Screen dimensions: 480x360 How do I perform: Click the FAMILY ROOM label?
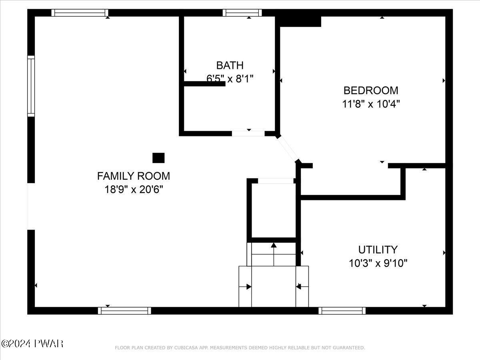[133, 176]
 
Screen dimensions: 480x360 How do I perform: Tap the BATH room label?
[230, 65]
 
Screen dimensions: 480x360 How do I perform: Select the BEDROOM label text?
[371, 90]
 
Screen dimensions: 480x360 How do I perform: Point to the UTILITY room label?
[378, 250]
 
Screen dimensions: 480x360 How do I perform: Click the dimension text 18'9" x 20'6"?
[134, 189]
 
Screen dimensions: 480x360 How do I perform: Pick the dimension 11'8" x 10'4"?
[371, 104]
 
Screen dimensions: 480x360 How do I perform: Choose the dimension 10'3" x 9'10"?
[378, 263]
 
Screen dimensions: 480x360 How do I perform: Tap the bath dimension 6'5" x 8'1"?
[230, 78]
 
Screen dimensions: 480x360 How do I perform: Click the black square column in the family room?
[158, 158]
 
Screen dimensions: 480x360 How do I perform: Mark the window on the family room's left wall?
[31, 86]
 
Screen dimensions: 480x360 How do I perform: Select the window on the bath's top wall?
[242, 13]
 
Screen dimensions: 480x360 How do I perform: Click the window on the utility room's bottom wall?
[342, 311]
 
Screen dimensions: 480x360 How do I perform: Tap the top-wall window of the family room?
[80, 13]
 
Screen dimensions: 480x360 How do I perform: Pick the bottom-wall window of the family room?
[124, 311]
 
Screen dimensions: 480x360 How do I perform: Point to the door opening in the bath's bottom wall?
[248, 134]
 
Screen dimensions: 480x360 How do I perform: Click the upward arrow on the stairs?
[274, 254]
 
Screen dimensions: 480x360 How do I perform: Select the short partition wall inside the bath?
[205, 84]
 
